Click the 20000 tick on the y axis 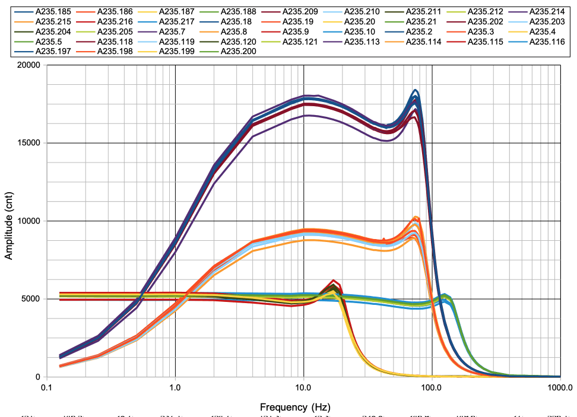(28, 65)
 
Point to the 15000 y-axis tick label (28, 143)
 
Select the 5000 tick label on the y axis (30, 299)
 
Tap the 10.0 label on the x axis (303, 389)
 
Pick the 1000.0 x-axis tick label (559, 389)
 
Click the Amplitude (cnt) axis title (9, 221)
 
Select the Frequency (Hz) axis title (294, 408)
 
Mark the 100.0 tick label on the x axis (432, 389)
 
